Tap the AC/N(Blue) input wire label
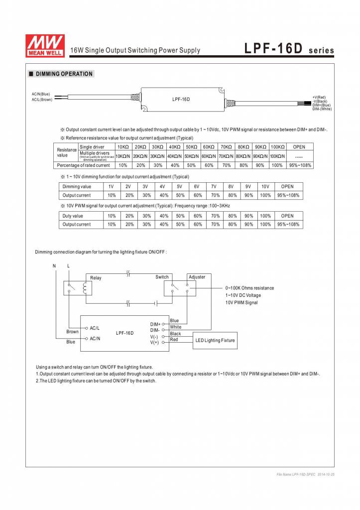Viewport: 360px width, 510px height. [x=41, y=94]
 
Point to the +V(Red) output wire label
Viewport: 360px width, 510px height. [x=319, y=98]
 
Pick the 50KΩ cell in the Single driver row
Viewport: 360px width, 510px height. [x=191, y=147]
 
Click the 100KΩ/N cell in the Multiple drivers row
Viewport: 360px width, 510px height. [x=277, y=156]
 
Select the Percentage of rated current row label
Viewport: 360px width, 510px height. [x=84, y=165]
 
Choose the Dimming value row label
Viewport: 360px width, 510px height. [x=77, y=186]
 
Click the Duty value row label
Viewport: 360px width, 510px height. [x=73, y=216]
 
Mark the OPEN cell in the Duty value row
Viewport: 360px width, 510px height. [x=287, y=216]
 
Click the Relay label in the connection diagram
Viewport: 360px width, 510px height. [x=96, y=278]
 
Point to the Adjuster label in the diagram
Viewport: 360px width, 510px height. [x=197, y=277]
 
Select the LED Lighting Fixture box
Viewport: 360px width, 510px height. [x=215, y=340]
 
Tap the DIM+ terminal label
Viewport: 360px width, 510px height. [x=155, y=324]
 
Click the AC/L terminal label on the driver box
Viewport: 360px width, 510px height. [x=95, y=328]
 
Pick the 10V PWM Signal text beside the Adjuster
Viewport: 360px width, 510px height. [x=241, y=302]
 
